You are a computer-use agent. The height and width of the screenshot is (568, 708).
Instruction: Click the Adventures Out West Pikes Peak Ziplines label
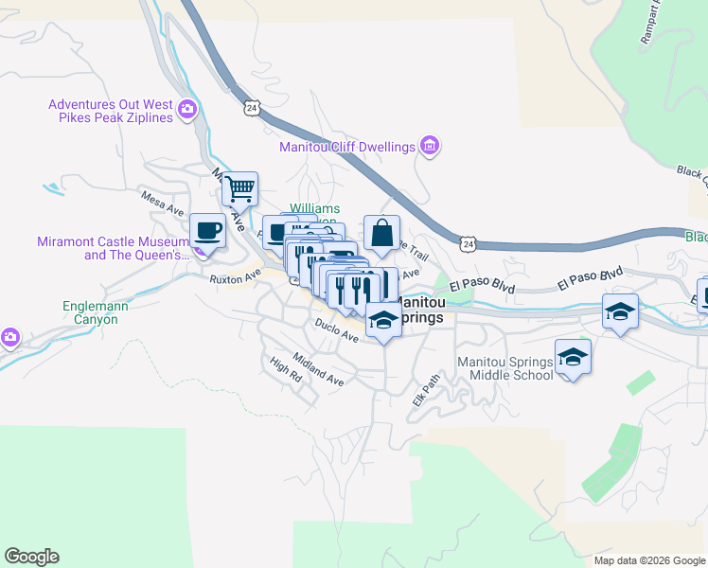click(x=110, y=111)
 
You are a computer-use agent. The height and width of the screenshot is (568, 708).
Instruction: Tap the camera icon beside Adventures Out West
click(x=187, y=110)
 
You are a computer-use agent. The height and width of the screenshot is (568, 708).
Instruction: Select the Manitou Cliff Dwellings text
click(x=347, y=147)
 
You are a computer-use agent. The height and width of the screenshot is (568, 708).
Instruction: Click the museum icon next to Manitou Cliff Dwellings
click(x=431, y=146)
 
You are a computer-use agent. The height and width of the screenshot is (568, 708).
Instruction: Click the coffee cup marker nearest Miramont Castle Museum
click(x=207, y=230)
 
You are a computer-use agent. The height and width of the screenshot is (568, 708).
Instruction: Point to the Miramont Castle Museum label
click(x=110, y=248)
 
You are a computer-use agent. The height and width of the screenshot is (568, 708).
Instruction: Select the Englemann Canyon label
click(x=90, y=312)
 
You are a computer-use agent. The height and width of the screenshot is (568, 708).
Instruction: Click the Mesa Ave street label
click(x=160, y=204)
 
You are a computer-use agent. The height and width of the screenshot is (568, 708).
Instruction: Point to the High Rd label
click(x=284, y=369)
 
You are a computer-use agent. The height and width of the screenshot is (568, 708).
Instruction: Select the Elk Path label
click(x=427, y=389)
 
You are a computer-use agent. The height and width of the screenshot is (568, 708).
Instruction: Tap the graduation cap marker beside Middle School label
click(x=572, y=357)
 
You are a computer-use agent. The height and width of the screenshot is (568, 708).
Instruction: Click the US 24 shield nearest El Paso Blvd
click(x=469, y=244)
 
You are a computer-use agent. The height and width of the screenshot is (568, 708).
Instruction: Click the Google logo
click(x=31, y=557)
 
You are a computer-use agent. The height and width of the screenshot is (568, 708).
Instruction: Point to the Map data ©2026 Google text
click(x=648, y=560)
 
